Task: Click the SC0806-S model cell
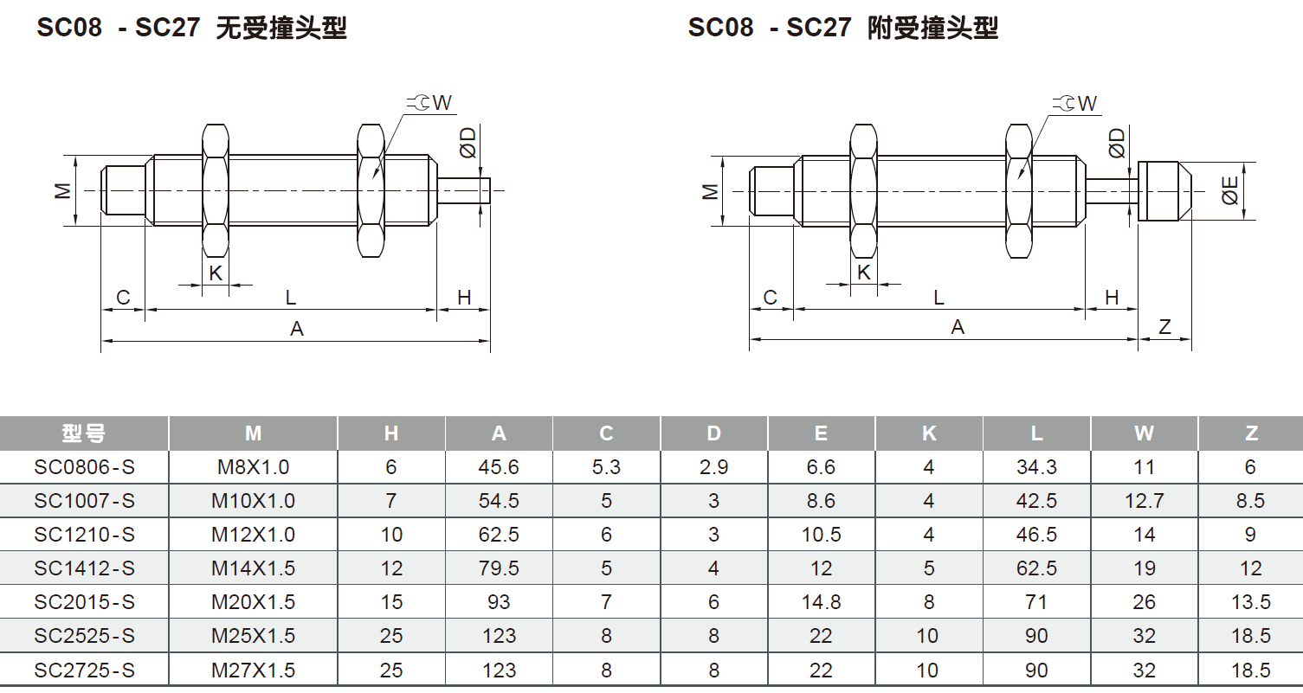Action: [85, 467]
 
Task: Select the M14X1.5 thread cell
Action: [253, 568]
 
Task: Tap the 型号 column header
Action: [84, 433]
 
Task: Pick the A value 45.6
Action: [499, 467]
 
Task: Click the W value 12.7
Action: [1144, 501]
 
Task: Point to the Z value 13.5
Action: [1250, 602]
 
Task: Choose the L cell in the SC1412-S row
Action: [1036, 568]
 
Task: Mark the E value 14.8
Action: [821, 602]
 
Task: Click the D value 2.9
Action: [713, 467]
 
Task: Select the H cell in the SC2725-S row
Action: [391, 671]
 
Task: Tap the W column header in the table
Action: [1144, 433]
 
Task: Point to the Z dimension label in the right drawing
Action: [1164, 327]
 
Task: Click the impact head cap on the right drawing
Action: [1164, 191]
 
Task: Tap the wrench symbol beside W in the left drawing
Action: [419, 103]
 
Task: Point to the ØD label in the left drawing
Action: [468, 142]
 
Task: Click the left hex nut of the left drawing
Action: [215, 190]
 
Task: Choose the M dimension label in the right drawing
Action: [711, 190]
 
